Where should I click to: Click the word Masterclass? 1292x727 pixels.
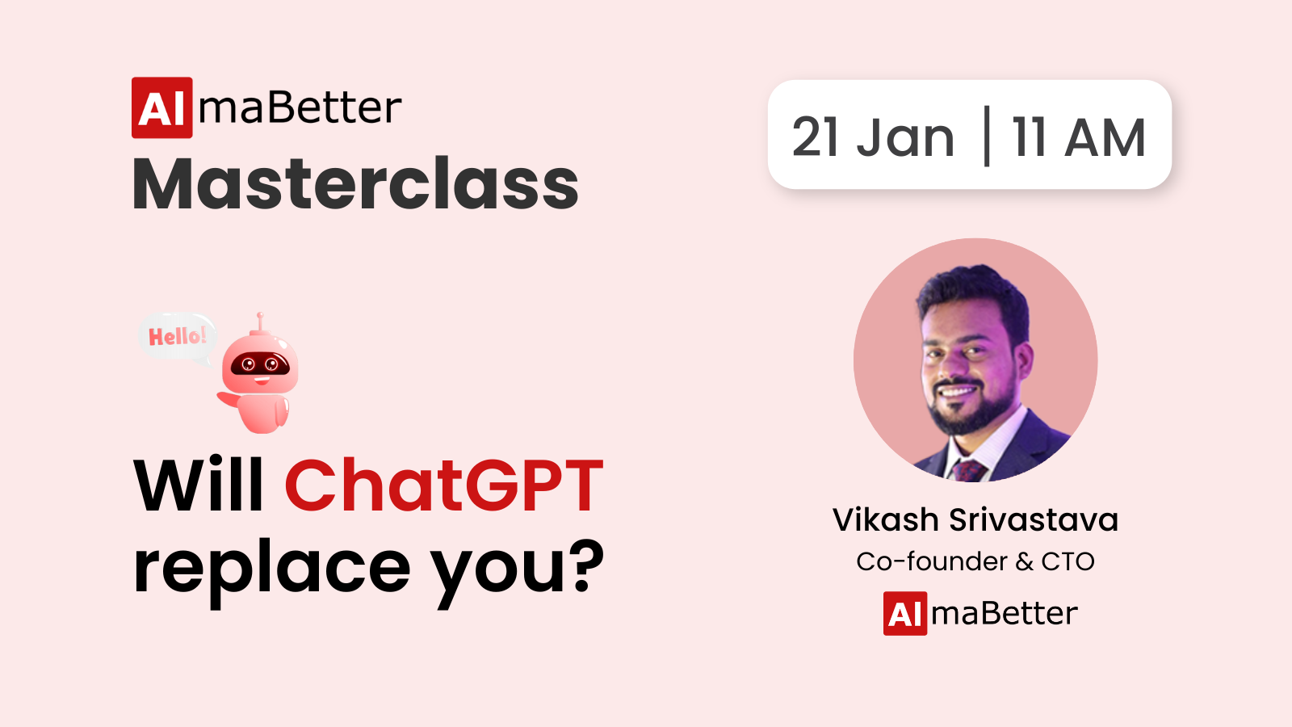tap(355, 183)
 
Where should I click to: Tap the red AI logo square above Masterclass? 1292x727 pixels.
tap(162, 108)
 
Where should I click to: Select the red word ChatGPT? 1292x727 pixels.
tap(444, 485)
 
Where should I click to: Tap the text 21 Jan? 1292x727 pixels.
tap(873, 137)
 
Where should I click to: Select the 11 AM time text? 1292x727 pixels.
tap(1079, 137)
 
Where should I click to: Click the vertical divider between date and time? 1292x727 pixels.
tap(987, 136)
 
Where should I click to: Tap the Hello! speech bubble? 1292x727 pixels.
tap(177, 338)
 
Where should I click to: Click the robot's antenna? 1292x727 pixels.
tap(260, 322)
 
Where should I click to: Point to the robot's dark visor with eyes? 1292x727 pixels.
tap(260, 364)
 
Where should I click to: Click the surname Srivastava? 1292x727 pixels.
tap(1034, 519)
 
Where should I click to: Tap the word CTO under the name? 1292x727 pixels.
tap(1068, 561)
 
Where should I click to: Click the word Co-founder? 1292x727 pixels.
tap(932, 561)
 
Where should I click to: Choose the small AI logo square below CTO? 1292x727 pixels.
tap(905, 613)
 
